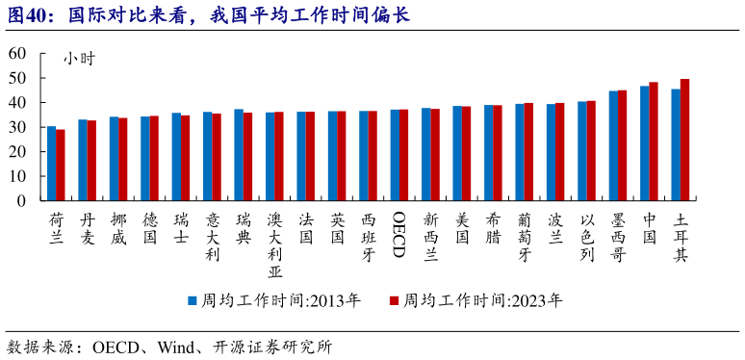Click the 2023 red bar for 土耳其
point(685,140)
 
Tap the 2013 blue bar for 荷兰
point(51,164)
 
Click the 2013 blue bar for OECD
point(395,155)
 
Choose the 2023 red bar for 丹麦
point(91,161)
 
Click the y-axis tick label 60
point(17,54)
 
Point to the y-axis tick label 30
point(17,127)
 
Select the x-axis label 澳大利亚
point(274,244)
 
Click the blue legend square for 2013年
point(192,300)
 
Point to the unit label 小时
point(80,58)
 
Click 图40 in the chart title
point(27,14)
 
